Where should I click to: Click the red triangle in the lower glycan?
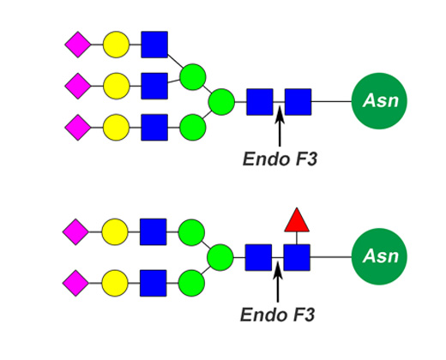coord(297,221)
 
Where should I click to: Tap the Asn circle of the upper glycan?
coord(379,101)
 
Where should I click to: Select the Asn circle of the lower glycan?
coord(379,256)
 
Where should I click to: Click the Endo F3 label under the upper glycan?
coord(280,159)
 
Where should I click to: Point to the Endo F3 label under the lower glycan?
coord(278,315)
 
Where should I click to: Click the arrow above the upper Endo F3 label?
coord(280,126)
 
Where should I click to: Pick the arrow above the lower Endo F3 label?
coord(278,282)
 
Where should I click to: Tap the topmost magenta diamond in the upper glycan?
coord(78,45)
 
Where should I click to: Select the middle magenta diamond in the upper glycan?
coord(78,86)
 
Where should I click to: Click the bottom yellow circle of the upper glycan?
coord(116,128)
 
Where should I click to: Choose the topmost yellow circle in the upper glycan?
coord(116,45)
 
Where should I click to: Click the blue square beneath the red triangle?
coord(297,257)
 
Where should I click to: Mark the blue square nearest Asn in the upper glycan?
coord(298,102)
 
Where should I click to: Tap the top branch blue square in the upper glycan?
coord(154,45)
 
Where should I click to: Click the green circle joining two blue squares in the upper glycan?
coord(193,77)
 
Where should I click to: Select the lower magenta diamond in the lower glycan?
coord(75,283)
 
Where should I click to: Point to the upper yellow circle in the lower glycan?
coord(115,232)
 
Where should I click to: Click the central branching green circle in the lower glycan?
coord(220,257)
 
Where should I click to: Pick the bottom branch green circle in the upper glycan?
coord(193,128)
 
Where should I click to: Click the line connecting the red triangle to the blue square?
coord(297,238)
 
